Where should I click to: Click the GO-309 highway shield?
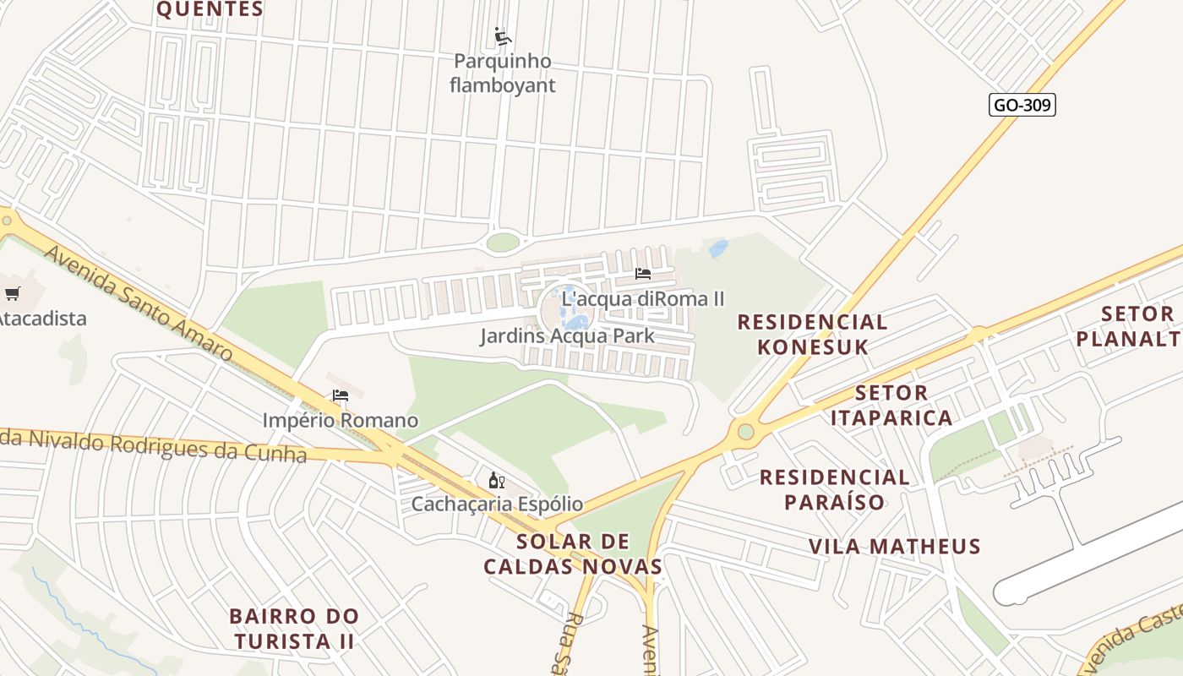pyautogui.click(x=1022, y=105)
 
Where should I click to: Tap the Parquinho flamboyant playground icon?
pyautogui.click(x=503, y=36)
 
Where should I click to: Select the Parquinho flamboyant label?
pyautogui.click(x=503, y=73)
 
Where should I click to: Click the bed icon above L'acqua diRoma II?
pyautogui.click(x=643, y=274)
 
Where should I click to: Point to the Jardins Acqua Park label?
pyautogui.click(x=567, y=335)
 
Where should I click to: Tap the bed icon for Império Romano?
pyautogui.click(x=341, y=395)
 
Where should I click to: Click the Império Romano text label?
pyautogui.click(x=340, y=420)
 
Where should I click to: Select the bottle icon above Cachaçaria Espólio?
pyautogui.click(x=497, y=480)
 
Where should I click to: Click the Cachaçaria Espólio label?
pyautogui.click(x=497, y=504)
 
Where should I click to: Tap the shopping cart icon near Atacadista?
pyautogui.click(x=12, y=294)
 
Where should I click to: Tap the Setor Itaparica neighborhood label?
pyautogui.click(x=891, y=405)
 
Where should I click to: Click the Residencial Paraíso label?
pyautogui.click(x=834, y=489)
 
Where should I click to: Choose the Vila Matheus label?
pyautogui.click(x=895, y=546)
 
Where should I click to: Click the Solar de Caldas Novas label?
pyautogui.click(x=572, y=553)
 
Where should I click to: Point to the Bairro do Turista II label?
pyautogui.click(x=294, y=628)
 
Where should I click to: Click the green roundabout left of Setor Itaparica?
pyautogui.click(x=745, y=432)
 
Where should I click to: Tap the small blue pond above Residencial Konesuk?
pyautogui.click(x=718, y=248)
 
